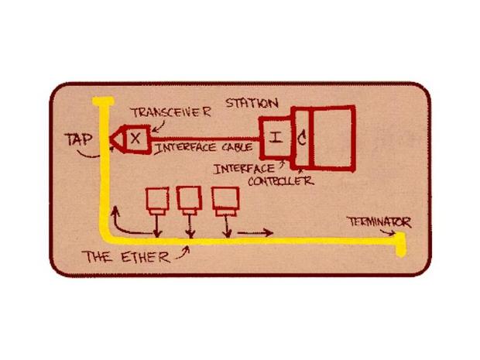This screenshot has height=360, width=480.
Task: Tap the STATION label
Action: click(x=252, y=102)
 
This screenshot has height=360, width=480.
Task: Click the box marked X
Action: click(x=133, y=138)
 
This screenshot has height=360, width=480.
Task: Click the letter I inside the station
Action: click(x=276, y=138)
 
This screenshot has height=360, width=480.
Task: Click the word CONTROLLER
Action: click(x=281, y=181)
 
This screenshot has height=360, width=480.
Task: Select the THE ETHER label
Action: click(x=125, y=257)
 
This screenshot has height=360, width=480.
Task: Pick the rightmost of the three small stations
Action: click(x=225, y=201)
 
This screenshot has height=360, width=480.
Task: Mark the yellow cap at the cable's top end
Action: click(x=100, y=101)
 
